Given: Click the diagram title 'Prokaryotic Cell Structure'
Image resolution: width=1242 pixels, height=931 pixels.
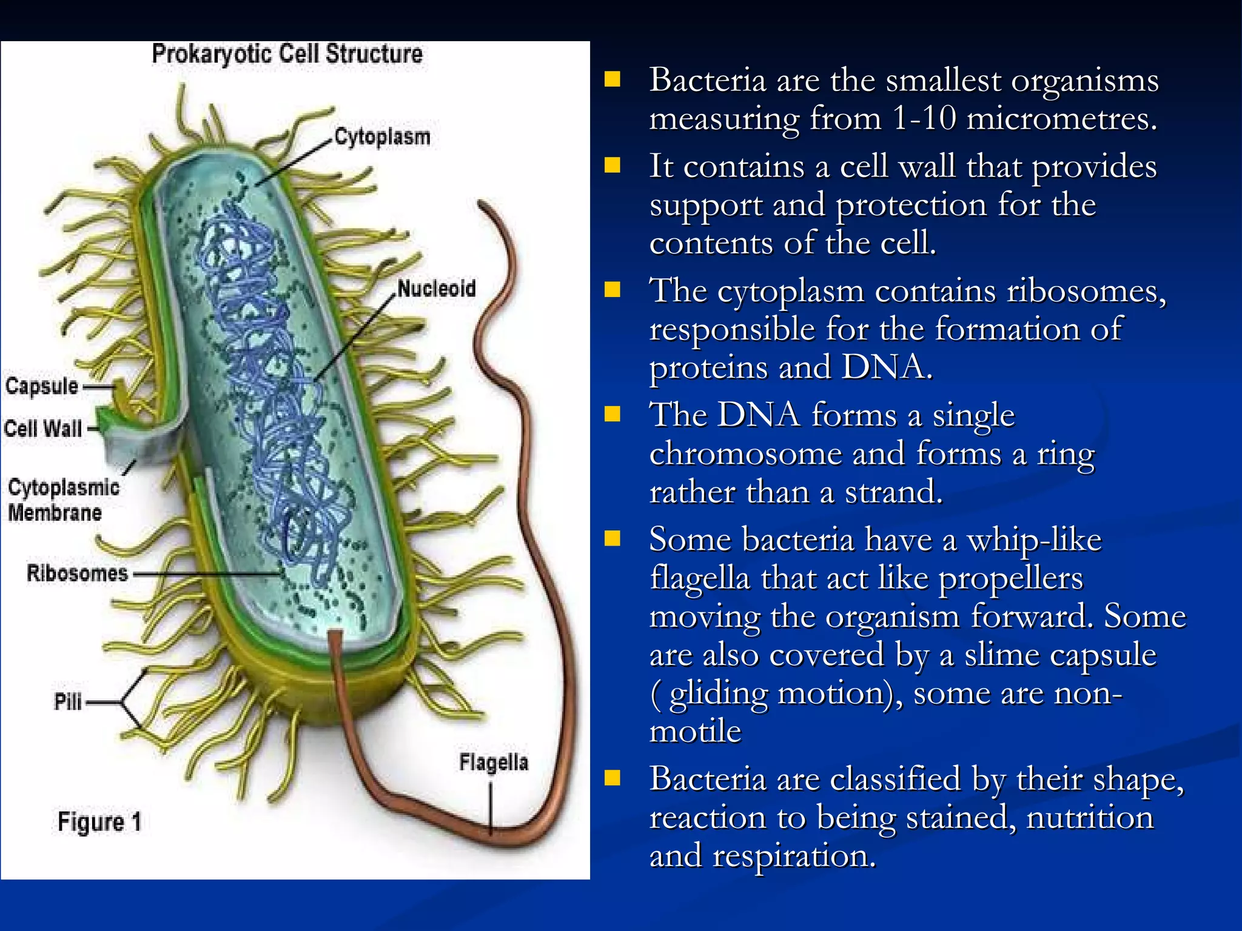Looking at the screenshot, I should pos(287,54).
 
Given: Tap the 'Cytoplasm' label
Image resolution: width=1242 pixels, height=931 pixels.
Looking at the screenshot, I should pos(383,137).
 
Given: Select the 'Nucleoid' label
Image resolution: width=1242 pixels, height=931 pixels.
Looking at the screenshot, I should pos(437,289).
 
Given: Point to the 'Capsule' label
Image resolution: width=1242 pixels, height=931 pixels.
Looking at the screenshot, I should pos(42,386).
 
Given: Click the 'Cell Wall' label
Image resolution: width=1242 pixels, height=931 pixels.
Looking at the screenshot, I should pos(43,429).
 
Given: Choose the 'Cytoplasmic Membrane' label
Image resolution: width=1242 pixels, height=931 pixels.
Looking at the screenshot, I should pos(63,500).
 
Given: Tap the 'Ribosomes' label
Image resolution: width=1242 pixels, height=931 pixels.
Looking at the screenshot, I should pos(77,573).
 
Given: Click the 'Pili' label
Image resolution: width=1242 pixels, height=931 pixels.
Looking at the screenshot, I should pos(67,702).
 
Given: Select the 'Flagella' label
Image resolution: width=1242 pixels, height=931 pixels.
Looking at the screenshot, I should pos(494,762).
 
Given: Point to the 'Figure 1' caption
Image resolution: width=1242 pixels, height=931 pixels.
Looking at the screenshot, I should pos(99,822).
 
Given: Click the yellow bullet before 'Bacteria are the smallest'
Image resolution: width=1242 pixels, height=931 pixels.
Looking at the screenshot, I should pos(613,79).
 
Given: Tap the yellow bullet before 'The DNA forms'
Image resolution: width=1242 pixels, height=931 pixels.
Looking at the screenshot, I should pos(613,415).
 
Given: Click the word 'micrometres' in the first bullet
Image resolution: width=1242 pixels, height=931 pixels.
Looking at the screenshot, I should pos(1061,118).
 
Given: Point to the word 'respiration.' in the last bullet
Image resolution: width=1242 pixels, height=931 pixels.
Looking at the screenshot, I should pos(794,856).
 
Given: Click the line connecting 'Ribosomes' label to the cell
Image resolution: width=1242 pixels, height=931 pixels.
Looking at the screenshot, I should pos(206,573).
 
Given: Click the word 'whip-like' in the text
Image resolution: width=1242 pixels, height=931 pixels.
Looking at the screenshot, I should pos(1033,539).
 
